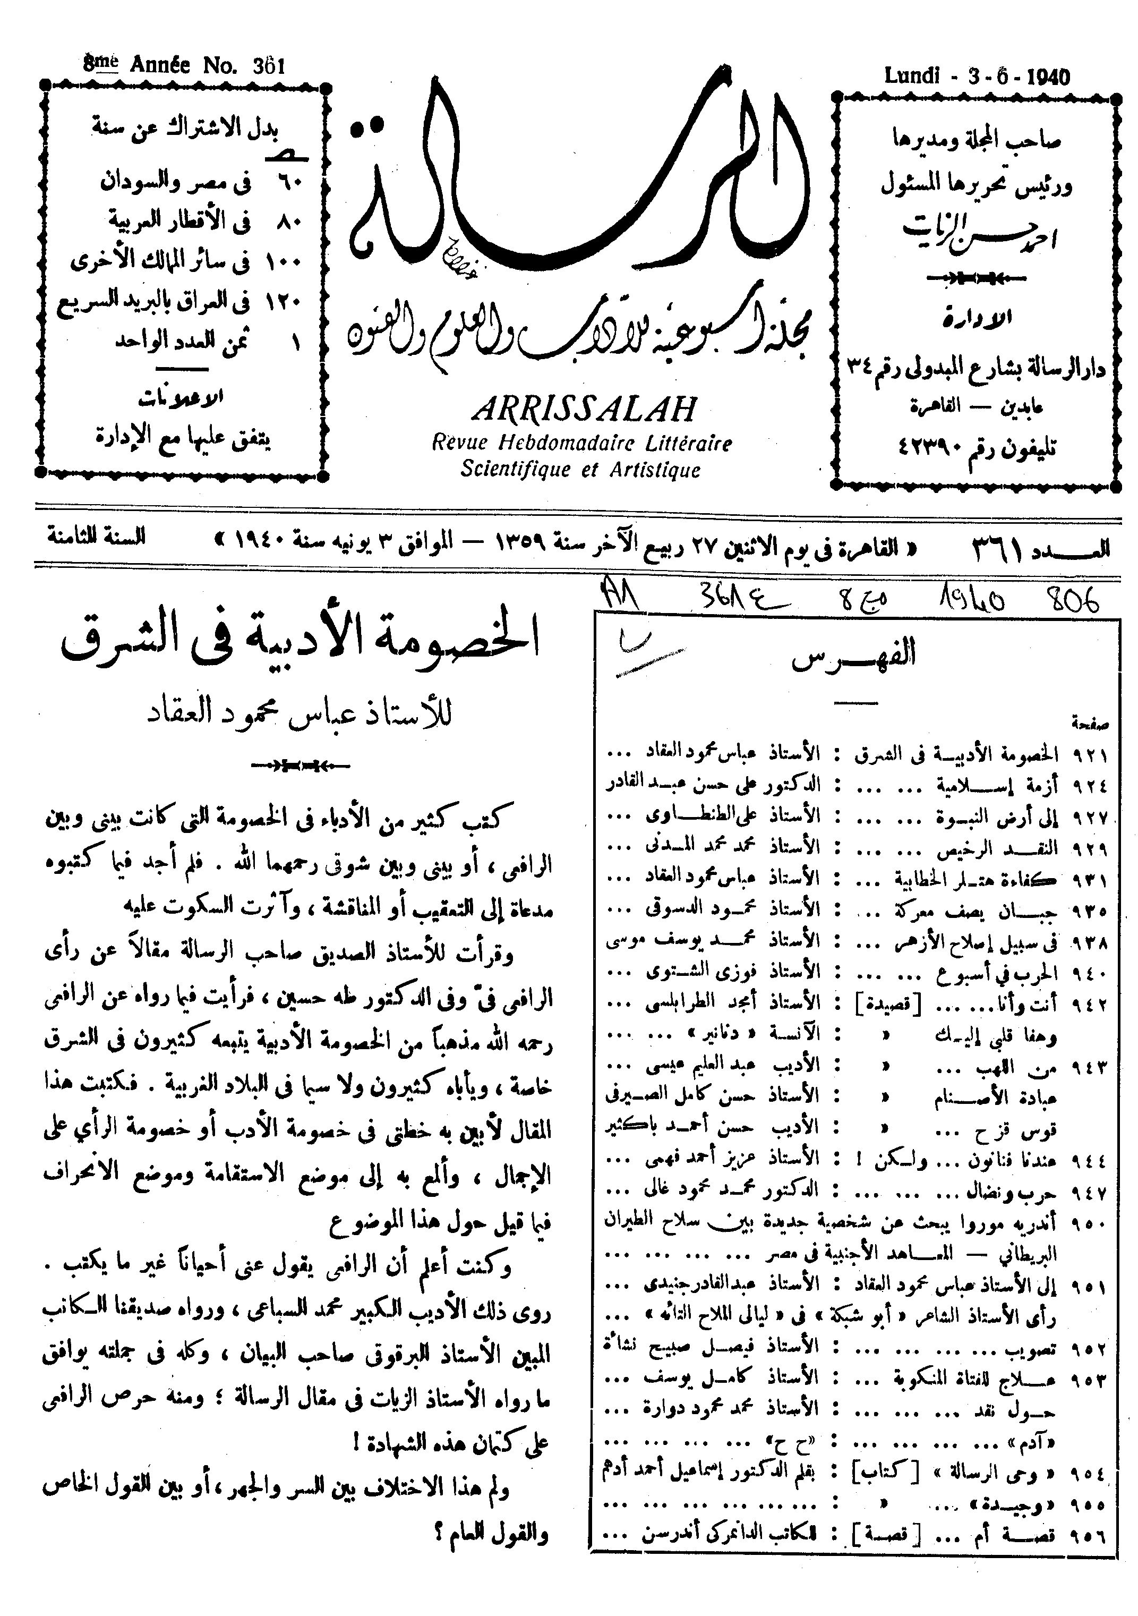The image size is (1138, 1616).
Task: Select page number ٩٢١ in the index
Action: pyautogui.click(x=1090, y=756)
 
